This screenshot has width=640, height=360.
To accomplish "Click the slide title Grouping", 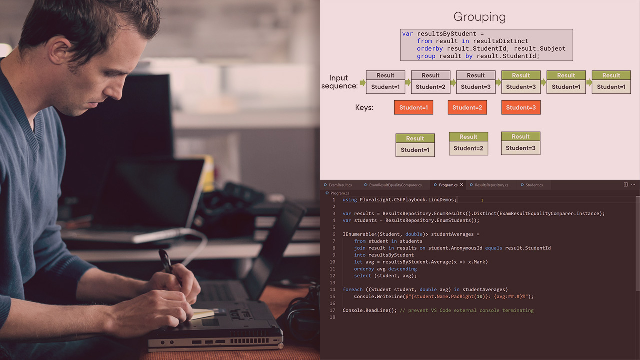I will click(479, 17).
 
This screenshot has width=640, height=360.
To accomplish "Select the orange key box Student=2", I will click(467, 107).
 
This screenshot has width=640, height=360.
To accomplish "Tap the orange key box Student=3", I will click(521, 107).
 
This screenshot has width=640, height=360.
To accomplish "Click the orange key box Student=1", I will click(413, 107).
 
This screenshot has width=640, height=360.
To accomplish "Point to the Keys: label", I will click(364, 107).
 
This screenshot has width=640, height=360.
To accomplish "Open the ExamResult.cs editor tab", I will click(340, 185).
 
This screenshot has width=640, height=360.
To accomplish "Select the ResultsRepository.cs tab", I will click(491, 185).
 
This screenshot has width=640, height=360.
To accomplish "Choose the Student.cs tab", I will click(534, 185).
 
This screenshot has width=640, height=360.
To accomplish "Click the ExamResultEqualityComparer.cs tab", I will click(395, 185).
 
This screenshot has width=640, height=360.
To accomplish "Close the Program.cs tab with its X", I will click(461, 185).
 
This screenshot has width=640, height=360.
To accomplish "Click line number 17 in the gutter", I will click(333, 310).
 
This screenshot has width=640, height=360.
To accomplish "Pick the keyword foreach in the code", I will click(353, 289).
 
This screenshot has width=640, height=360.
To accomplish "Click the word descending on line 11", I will click(402, 269).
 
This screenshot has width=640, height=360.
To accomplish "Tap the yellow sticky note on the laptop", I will click(202, 314).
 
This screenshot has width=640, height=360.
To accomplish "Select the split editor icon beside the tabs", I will click(625, 185).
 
